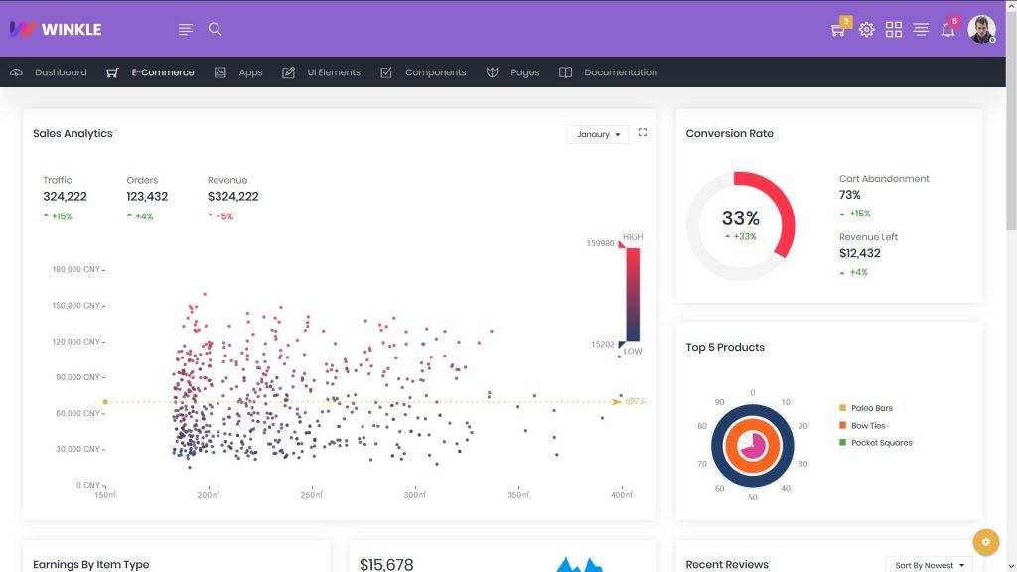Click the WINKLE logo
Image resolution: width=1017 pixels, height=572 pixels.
click(x=56, y=29)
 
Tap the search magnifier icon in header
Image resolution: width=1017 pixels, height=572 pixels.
click(x=215, y=29)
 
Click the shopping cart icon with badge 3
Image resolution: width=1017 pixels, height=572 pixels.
click(x=838, y=30)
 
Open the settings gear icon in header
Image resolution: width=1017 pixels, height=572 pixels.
click(x=866, y=30)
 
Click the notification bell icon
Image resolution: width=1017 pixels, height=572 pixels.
click(x=947, y=30)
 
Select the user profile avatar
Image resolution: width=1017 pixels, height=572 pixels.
click(x=981, y=29)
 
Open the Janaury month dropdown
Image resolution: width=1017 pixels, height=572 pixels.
click(x=597, y=134)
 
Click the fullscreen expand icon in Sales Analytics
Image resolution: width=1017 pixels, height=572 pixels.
click(x=643, y=132)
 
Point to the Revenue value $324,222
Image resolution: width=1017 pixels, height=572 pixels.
click(x=232, y=197)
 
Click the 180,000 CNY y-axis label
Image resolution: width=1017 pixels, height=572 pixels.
click(x=75, y=269)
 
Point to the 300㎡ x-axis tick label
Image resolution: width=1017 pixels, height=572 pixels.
click(x=414, y=495)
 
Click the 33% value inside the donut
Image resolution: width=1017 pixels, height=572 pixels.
click(x=740, y=218)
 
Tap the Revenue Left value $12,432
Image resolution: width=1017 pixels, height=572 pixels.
click(x=860, y=253)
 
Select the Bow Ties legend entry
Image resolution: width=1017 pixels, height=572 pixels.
click(x=867, y=426)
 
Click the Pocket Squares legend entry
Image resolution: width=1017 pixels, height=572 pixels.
click(x=880, y=443)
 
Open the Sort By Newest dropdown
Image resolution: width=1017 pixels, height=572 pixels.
click(x=929, y=565)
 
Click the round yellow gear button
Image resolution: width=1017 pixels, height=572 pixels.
click(x=985, y=542)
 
